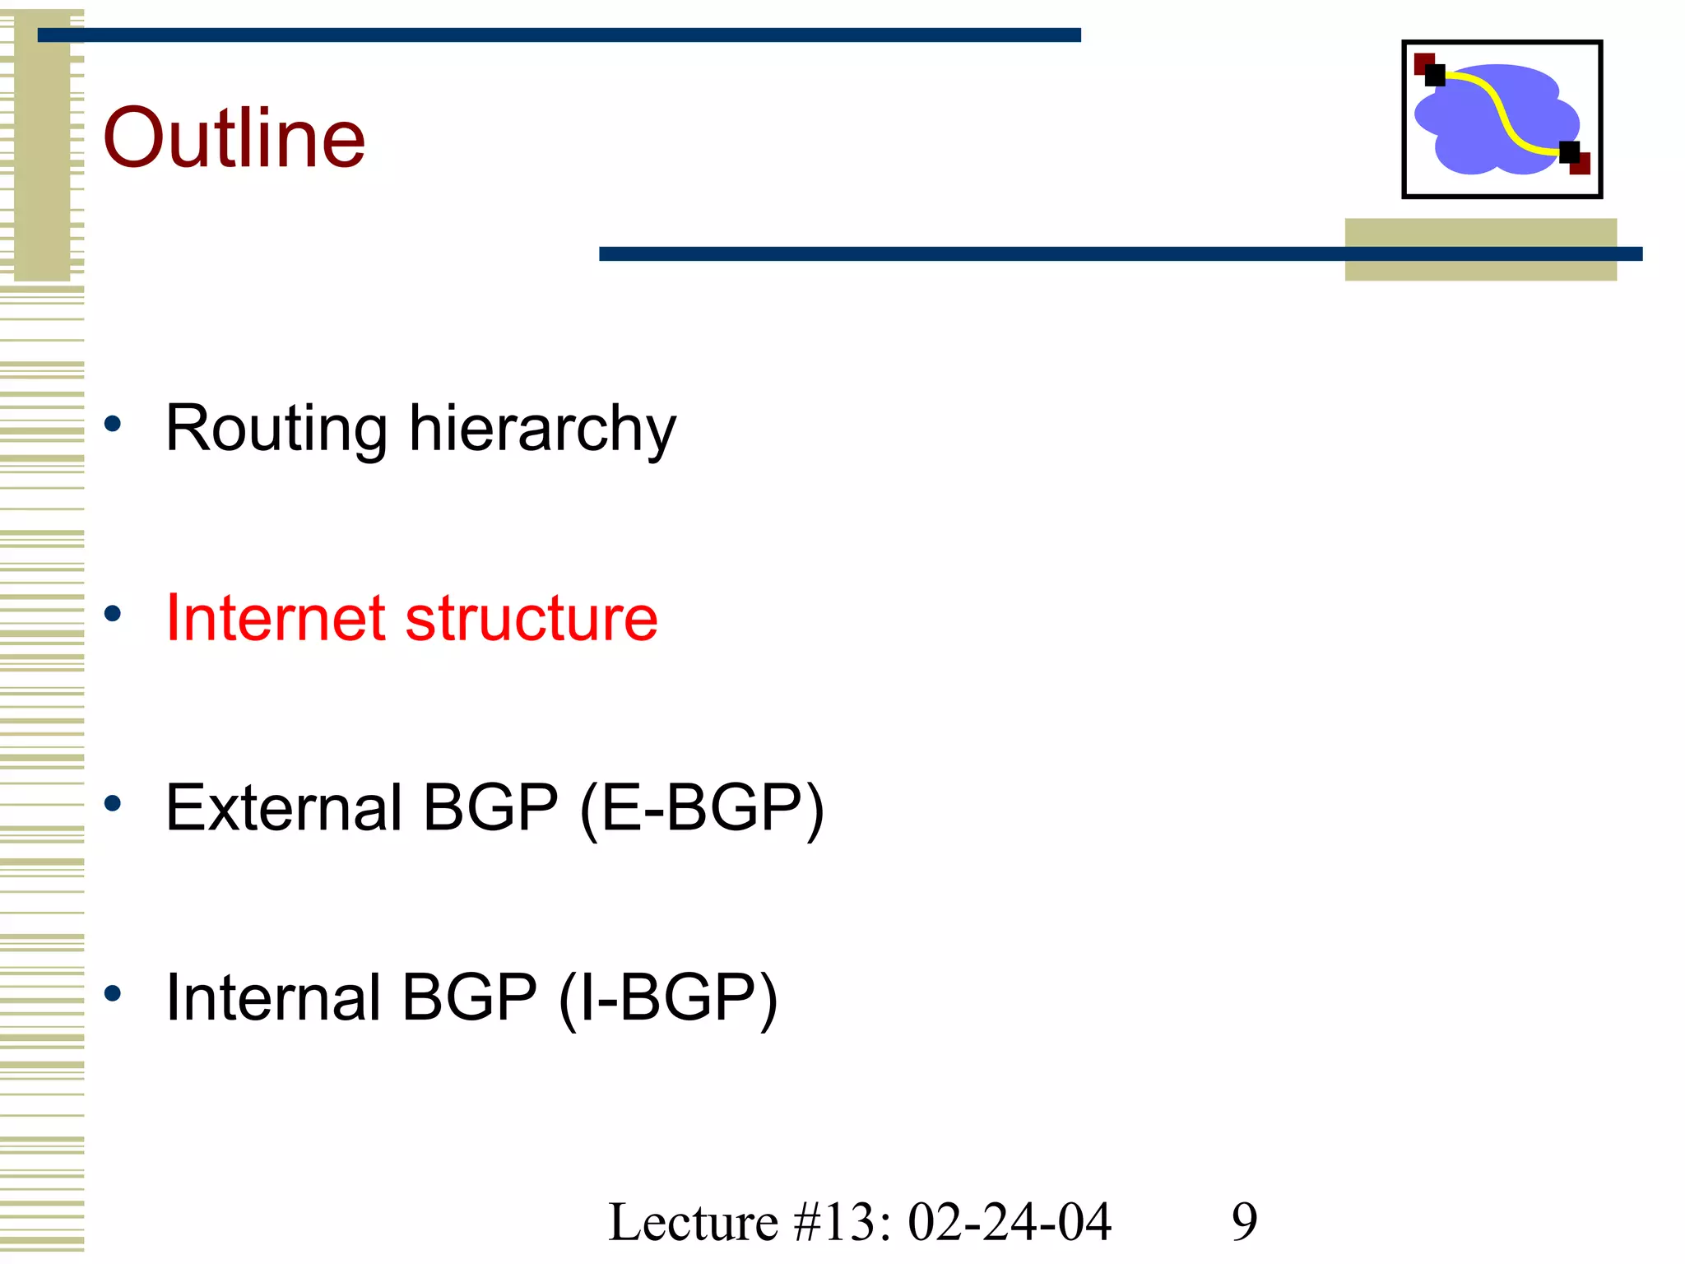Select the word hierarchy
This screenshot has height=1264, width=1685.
coord(542,429)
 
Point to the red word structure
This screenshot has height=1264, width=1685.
coord(531,618)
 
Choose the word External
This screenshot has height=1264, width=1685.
coord(284,807)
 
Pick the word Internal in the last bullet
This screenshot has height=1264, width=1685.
coord(272,997)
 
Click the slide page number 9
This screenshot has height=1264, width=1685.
coord(1244,1222)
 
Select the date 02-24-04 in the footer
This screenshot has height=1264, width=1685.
coord(1010,1222)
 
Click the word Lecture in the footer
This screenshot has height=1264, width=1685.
coord(693,1222)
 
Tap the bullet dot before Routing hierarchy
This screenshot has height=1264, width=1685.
coord(113,425)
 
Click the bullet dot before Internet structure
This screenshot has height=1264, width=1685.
coord(113,614)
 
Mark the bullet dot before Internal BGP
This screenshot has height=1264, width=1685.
coord(113,993)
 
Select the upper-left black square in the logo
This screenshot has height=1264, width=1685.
coord(1435,76)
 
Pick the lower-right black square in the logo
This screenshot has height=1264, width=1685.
coord(1569,152)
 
